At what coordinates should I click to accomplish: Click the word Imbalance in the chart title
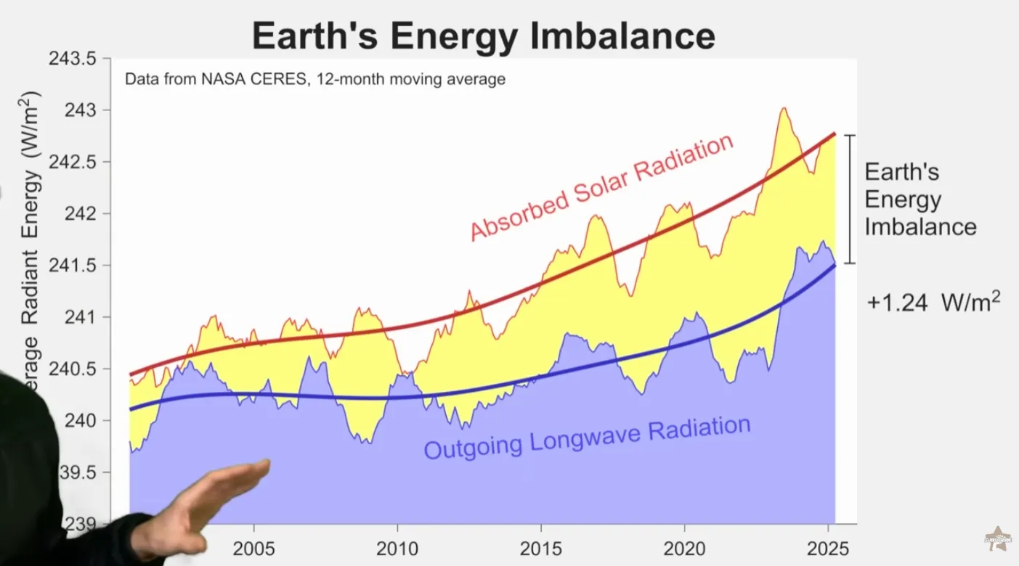pos(622,36)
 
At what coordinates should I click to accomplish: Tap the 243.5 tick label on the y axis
pos(73,59)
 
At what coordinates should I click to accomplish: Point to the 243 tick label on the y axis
pos(81,110)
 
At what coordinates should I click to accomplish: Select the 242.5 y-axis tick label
pos(73,162)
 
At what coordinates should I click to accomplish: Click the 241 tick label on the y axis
pos(81,317)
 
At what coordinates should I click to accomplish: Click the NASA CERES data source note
pos(314,79)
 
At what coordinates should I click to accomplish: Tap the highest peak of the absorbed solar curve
pos(784,109)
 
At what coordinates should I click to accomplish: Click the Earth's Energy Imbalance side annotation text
pos(919,200)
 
